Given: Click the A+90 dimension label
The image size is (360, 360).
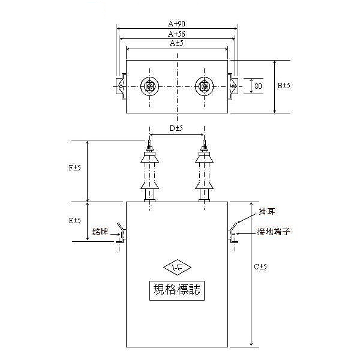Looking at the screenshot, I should [176, 23].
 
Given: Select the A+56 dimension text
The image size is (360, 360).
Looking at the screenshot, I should [176, 34].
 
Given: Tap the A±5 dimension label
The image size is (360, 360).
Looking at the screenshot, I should [176, 44].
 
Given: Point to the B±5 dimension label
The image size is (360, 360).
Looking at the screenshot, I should [284, 86].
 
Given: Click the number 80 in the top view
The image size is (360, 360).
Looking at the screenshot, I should [259, 86].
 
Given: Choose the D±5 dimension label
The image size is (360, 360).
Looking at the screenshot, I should [176, 128].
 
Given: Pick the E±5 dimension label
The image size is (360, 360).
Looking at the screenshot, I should [75, 221].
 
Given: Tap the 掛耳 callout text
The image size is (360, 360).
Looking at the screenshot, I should [267, 211].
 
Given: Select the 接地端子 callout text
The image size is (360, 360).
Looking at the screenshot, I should [273, 231].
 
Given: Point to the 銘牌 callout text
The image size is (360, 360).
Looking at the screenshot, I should [100, 231].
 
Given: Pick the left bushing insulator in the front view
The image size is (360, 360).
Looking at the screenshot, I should [148, 174].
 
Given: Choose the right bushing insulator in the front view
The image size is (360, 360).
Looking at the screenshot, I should [205, 174].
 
